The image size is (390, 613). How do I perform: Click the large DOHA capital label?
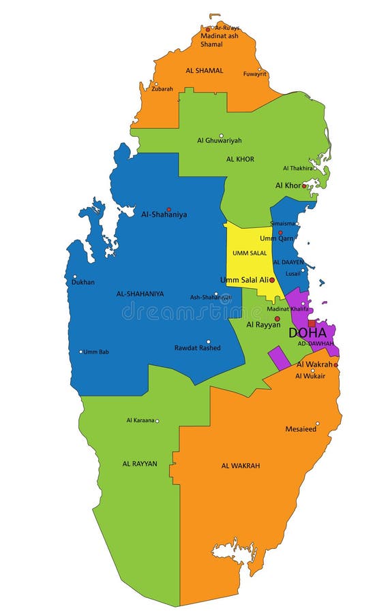tap(307, 333)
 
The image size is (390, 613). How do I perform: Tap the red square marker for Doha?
tap(312, 324)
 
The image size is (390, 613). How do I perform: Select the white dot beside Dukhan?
tap(75, 277)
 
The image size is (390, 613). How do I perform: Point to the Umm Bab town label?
tap(96, 351)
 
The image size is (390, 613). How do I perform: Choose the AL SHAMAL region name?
tap(204, 70)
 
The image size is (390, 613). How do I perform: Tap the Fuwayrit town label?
tap(255, 74)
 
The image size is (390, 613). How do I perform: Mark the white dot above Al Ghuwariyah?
tap(221, 136)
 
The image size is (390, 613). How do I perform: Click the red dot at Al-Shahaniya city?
tap(168, 209)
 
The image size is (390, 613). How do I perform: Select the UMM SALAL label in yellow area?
tap(249, 253)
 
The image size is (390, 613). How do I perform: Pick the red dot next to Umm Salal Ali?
tap(272, 280)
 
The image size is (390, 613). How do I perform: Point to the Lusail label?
tap(292, 273)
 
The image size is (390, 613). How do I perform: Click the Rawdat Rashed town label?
tap(197, 348)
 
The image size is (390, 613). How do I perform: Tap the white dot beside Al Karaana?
tap(157, 421)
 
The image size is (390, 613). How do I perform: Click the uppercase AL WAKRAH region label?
tap(240, 466)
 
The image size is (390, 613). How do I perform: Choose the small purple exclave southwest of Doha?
tap(279, 358)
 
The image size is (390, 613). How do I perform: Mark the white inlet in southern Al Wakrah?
tap(234, 550)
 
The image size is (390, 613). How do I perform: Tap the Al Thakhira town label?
tap(297, 168)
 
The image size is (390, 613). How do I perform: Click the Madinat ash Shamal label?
tap(219, 40)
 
